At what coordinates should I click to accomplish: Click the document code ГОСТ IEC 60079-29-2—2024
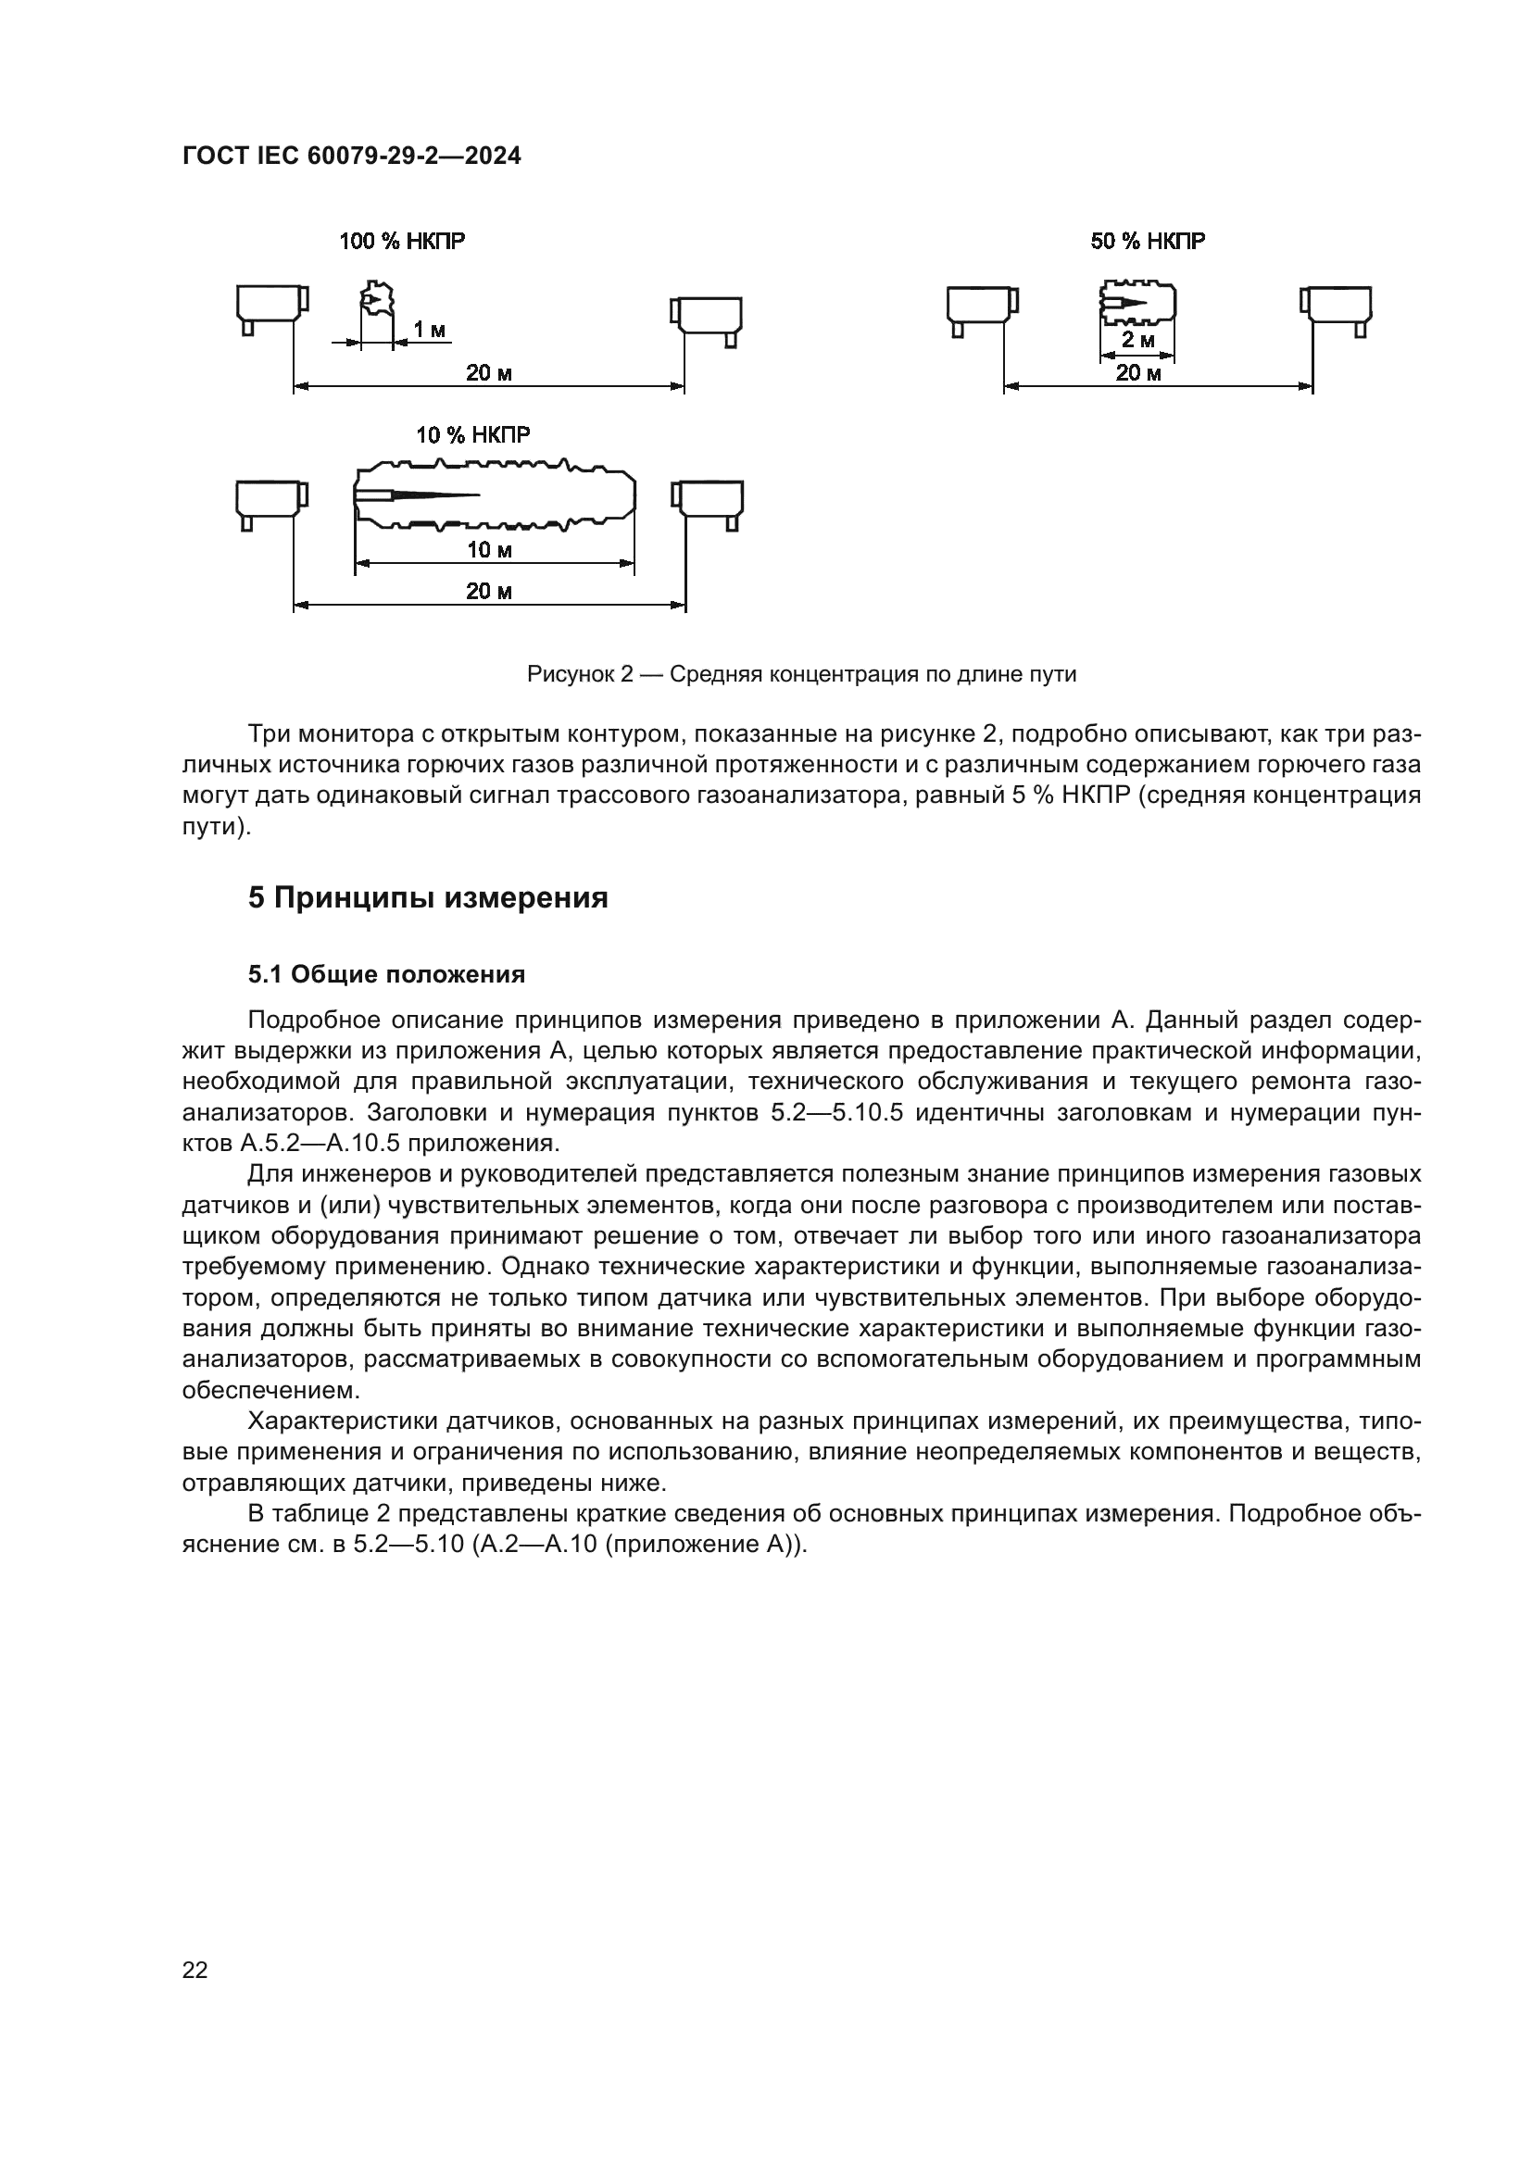click(x=351, y=157)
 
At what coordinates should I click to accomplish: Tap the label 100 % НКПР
click(x=402, y=242)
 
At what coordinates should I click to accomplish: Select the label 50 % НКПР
click(x=1147, y=242)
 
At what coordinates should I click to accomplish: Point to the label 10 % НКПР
click(x=472, y=435)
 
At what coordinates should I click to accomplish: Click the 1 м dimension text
click(x=430, y=331)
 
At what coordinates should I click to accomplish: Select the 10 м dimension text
click(x=489, y=550)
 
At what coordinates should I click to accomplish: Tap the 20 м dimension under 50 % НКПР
click(x=1138, y=372)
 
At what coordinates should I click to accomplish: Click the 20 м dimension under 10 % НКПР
click(x=489, y=592)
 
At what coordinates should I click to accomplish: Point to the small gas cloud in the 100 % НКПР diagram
click(x=376, y=300)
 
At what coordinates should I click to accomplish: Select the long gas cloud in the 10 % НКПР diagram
click(x=494, y=495)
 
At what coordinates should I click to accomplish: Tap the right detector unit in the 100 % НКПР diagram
click(x=707, y=317)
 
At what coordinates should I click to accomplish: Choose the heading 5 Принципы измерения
click(x=427, y=897)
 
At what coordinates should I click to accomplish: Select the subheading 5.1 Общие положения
click(x=386, y=974)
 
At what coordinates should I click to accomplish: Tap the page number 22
click(x=195, y=1971)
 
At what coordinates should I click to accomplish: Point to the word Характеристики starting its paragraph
click(x=341, y=1421)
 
